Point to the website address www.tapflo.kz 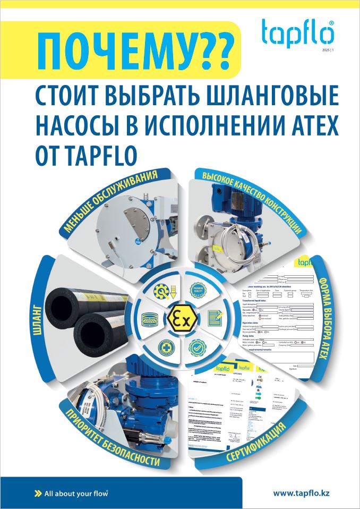coord(301,493)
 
